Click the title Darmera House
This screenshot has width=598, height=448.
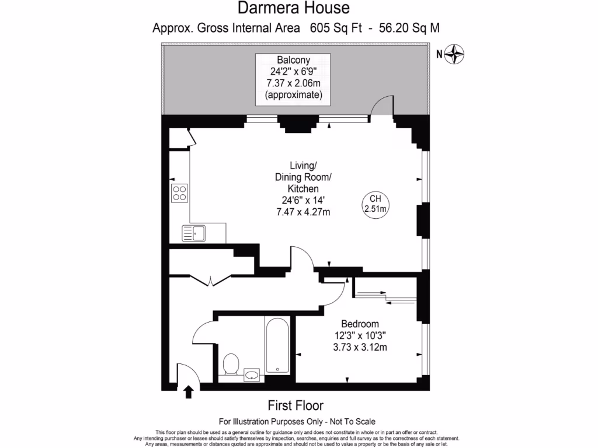(294, 8)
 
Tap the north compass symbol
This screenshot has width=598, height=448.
(455, 55)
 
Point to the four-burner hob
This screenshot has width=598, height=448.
(179, 193)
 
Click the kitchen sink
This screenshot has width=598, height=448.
(194, 234)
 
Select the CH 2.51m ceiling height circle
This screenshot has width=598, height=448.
(376, 203)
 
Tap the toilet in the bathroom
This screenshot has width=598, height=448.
(231, 365)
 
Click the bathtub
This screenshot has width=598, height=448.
(276, 345)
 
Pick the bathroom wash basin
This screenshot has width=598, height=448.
(252, 374)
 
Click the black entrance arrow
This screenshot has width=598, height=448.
(189, 391)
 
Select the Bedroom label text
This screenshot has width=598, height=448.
(360, 324)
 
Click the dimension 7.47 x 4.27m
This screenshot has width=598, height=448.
(303, 212)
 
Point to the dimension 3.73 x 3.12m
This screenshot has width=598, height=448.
(360, 348)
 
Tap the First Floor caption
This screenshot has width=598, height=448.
(295, 405)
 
